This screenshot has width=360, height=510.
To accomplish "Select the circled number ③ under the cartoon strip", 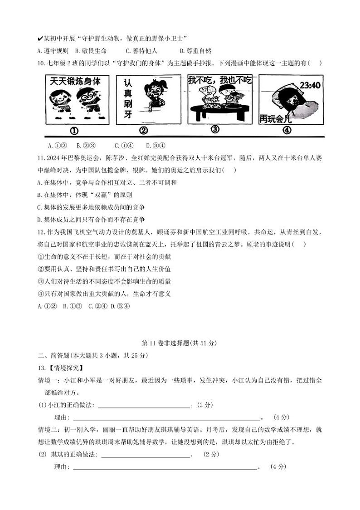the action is tap(215, 129).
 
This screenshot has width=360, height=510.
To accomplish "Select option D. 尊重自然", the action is tap(195, 51).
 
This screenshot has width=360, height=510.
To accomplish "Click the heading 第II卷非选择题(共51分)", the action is tap(180, 343).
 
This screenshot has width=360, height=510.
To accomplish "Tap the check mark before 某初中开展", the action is tap(40, 38).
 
